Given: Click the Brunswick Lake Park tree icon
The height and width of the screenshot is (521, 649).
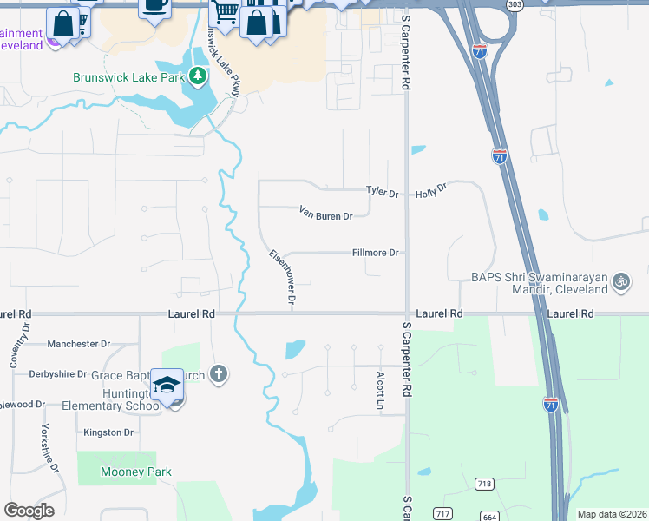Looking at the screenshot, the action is click(x=199, y=76).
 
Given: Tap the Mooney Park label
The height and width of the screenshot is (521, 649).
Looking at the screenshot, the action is click(x=136, y=472).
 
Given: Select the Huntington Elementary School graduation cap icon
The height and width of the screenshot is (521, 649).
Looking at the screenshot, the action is click(x=167, y=385).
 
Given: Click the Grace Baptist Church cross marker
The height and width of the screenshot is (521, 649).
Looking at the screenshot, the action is click(x=219, y=374).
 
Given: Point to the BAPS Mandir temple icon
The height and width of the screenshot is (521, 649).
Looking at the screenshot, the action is click(x=619, y=280).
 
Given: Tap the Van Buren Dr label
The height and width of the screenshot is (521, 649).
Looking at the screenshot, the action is click(x=326, y=213).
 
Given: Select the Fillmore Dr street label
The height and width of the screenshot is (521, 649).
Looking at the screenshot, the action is click(x=375, y=253).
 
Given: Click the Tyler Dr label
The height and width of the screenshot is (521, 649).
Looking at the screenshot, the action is click(x=382, y=191).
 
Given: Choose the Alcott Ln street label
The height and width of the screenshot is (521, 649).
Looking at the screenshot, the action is click(x=380, y=391).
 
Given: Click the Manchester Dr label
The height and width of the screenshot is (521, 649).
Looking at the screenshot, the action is click(x=79, y=344).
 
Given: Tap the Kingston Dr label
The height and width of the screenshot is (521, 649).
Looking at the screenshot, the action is click(x=108, y=432).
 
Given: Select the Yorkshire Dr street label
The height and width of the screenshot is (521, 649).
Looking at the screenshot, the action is click(x=47, y=448).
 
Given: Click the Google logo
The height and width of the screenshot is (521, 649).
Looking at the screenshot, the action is click(x=29, y=511).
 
